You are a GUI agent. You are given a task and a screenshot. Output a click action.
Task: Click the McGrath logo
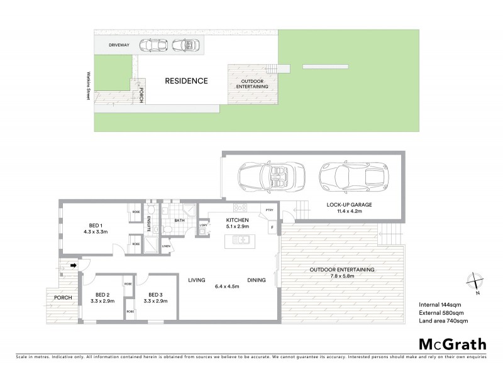coord(452,344)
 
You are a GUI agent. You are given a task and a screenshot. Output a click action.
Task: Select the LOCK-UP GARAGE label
coord(350,205)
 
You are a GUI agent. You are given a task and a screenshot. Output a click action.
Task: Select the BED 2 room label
coord(102,295)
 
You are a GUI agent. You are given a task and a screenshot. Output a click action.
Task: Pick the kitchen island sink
coord(241,239)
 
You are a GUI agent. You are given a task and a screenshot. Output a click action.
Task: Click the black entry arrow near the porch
coord(73,266)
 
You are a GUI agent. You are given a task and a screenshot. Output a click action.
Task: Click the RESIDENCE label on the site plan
coord(186,81)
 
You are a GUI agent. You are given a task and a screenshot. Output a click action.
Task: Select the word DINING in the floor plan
coord(256,280)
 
